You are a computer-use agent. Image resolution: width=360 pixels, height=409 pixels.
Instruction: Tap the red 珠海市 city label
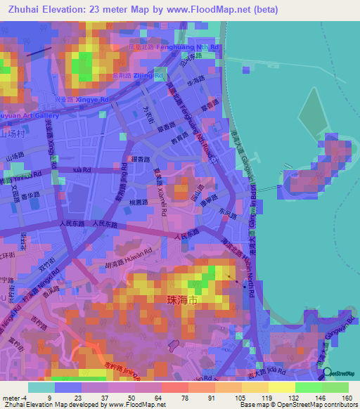pos(184,299)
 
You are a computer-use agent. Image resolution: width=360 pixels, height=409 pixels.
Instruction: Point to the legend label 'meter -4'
pos(15,398)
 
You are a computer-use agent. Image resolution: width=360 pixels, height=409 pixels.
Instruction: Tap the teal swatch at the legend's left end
pos(41,387)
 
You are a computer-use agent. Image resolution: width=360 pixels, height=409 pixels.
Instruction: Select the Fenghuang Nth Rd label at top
pos(196,47)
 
